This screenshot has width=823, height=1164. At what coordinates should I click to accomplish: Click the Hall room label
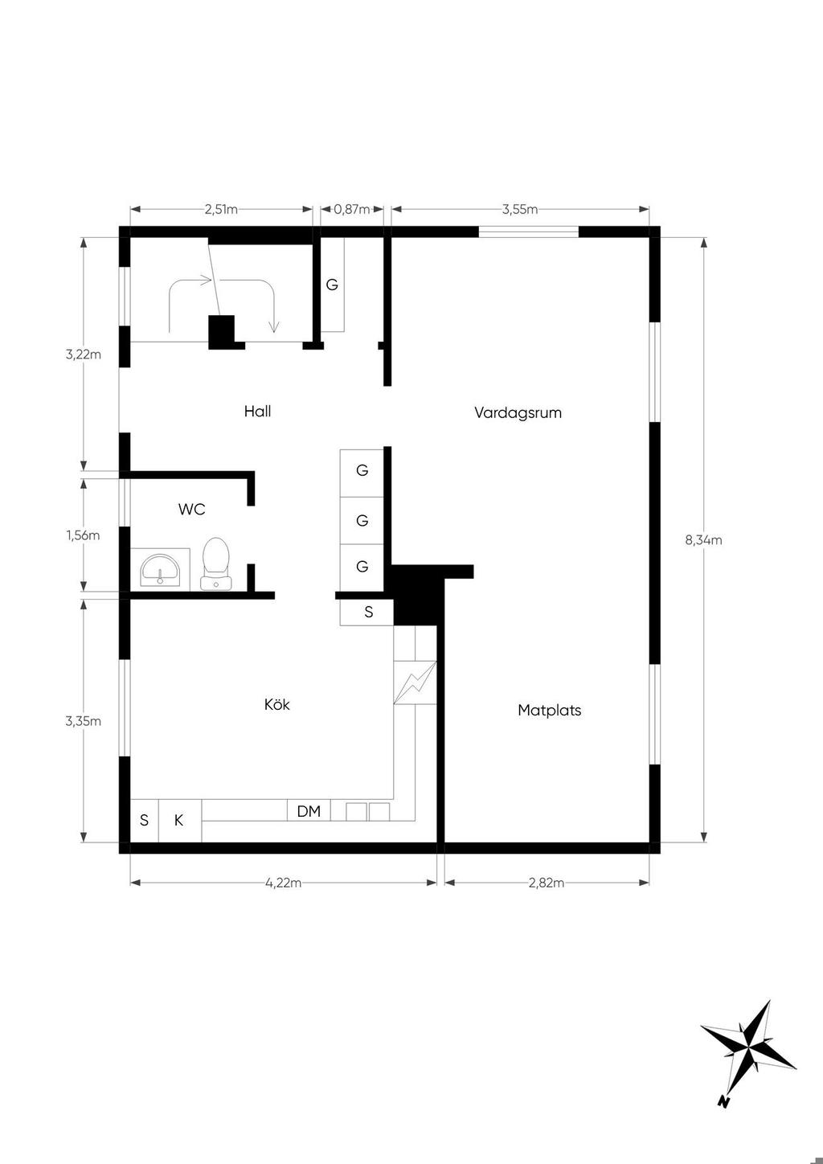(x=257, y=412)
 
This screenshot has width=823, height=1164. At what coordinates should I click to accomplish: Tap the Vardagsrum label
(x=518, y=412)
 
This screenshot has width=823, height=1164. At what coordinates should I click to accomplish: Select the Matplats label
(x=549, y=710)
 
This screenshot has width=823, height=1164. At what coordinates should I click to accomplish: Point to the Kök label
(x=277, y=704)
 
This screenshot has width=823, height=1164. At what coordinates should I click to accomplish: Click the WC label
(x=192, y=510)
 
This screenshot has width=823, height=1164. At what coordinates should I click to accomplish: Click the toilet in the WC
(x=215, y=564)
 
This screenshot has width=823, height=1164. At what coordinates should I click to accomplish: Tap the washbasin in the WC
(x=160, y=569)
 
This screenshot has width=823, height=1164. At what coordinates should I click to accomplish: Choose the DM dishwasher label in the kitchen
(x=309, y=811)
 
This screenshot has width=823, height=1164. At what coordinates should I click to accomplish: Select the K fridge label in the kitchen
(x=178, y=820)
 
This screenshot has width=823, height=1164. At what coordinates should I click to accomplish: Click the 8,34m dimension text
(x=703, y=540)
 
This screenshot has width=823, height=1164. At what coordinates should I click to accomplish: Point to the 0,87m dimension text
(x=352, y=210)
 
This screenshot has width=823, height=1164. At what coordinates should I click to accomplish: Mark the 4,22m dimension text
(x=283, y=883)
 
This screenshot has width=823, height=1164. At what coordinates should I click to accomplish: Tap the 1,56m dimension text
(x=83, y=535)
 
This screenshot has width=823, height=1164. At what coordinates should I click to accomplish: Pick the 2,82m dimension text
(x=546, y=883)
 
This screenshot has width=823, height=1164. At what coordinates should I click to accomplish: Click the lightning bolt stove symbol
(x=415, y=682)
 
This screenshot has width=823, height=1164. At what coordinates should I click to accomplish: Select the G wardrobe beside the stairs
(x=331, y=285)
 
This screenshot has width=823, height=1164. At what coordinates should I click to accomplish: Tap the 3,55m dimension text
(x=519, y=210)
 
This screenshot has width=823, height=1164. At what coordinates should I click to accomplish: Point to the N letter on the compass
(x=723, y=1100)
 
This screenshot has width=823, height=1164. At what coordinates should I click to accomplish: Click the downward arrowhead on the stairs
(x=274, y=327)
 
